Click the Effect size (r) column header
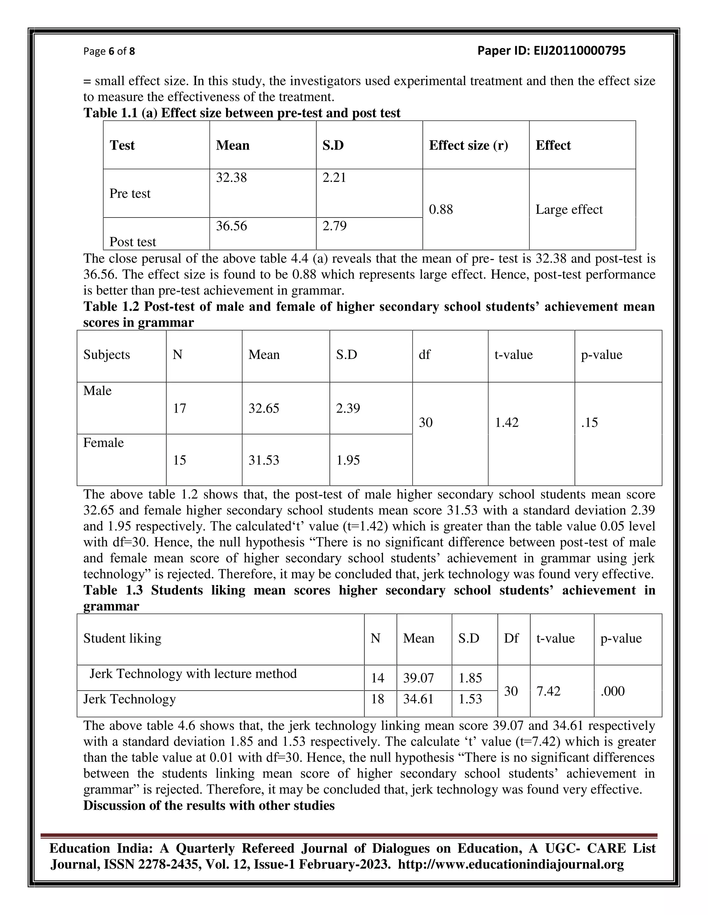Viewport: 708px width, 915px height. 468,145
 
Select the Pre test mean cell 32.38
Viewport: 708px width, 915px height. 231,177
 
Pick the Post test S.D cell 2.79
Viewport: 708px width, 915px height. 334,226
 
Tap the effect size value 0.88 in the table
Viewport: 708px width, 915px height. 441,210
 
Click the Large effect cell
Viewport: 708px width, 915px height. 569,210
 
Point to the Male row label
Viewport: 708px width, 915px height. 97,391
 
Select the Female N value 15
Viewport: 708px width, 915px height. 179,460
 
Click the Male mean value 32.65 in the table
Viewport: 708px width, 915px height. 263,408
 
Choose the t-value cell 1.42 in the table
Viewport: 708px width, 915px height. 507,422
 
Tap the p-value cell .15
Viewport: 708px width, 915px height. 589,422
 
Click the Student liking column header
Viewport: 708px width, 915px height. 122,638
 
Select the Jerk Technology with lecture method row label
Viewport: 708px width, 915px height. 193,674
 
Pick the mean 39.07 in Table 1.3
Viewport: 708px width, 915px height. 418,678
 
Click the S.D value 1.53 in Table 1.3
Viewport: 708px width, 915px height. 470,699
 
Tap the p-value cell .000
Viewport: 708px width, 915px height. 612,691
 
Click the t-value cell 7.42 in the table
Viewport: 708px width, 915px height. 548,691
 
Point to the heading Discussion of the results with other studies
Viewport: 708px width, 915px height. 209,806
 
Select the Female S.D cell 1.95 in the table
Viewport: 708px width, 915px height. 348,460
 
